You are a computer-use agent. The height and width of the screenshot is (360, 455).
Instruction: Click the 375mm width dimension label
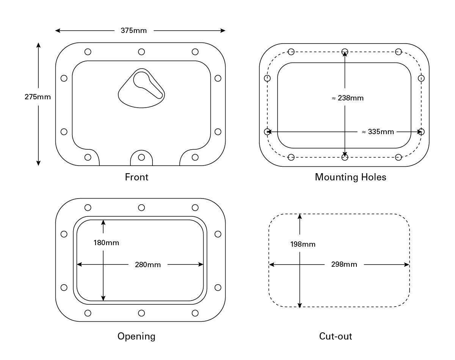pyautogui.click(x=133, y=31)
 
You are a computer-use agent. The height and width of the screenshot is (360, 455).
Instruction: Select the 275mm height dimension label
pyautogui.click(x=38, y=97)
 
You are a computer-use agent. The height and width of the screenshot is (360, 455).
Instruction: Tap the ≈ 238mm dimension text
pyautogui.click(x=347, y=98)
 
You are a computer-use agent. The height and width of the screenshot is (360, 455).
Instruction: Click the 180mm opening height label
pyautogui.click(x=106, y=243)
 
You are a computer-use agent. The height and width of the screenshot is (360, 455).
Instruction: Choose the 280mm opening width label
pyautogui.click(x=147, y=265)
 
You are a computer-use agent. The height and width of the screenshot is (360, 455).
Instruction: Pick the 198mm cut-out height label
pyautogui.click(x=303, y=244)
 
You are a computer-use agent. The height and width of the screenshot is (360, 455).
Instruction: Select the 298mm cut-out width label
pyautogui.click(x=344, y=265)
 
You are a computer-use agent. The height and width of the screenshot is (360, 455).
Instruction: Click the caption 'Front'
pyautogui.click(x=136, y=177)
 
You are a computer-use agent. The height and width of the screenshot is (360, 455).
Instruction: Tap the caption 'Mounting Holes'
pyautogui.click(x=350, y=177)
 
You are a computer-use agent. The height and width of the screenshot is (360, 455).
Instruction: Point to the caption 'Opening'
pyautogui.click(x=136, y=336)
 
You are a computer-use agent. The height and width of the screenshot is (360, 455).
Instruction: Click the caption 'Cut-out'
pyautogui.click(x=335, y=336)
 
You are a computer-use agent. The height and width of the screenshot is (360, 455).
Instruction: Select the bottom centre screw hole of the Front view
pyautogui.click(x=141, y=157)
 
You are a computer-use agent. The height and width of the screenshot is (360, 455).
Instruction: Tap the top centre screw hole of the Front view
pyautogui.click(x=141, y=52)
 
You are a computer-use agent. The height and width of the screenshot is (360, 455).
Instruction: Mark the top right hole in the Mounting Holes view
pyautogui.click(x=398, y=52)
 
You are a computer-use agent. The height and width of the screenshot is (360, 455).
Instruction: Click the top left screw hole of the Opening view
pyautogui.click(x=88, y=207)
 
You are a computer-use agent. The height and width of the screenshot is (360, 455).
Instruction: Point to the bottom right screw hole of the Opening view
pyautogui.click(x=195, y=313)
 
